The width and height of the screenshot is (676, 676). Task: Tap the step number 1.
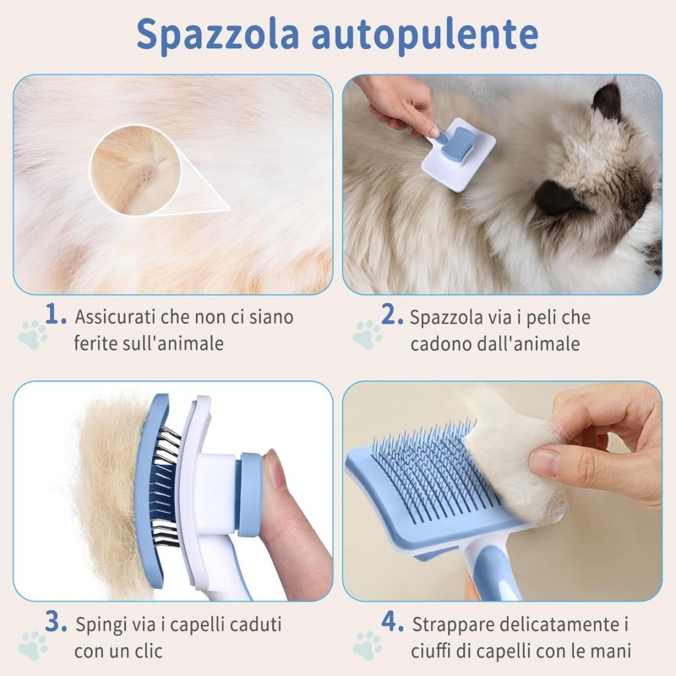(56, 316)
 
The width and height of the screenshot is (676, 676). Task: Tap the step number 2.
(391, 316)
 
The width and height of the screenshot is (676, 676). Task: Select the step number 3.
(56, 624)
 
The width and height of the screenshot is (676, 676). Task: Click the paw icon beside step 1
(33, 335)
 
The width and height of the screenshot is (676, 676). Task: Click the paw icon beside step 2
(368, 335)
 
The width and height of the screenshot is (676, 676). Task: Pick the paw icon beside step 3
(33, 645)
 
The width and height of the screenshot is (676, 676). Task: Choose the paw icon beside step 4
(368, 645)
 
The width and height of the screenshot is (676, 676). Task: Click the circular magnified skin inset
(136, 166)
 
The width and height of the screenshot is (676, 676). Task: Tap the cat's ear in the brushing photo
(606, 100)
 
